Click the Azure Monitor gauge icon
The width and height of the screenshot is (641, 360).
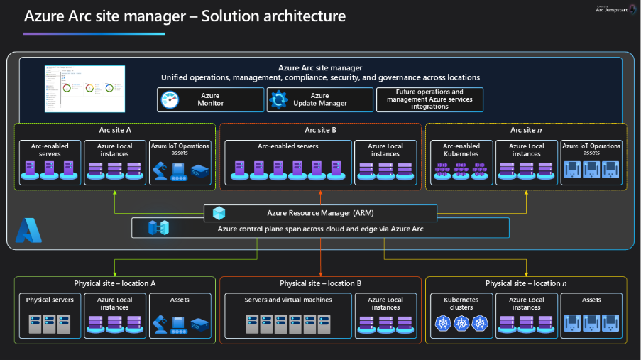[170, 100]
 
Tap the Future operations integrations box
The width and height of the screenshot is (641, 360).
[429, 99]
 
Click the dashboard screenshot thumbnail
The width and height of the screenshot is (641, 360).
[84, 88]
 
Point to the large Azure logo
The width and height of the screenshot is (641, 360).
[28, 231]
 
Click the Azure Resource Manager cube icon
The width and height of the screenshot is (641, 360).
[219, 212]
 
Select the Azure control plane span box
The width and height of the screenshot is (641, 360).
[320, 228]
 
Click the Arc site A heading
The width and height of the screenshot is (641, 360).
[115, 130]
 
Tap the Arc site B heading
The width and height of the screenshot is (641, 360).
[320, 130]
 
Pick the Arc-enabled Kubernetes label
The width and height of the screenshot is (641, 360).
[461, 150]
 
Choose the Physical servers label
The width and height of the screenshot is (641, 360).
[50, 300]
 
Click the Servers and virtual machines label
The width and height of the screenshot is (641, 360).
[287, 300]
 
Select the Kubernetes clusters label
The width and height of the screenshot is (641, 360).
[461, 303]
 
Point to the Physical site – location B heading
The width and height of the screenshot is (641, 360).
[320, 283]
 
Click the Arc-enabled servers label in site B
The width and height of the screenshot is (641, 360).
[287, 146]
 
